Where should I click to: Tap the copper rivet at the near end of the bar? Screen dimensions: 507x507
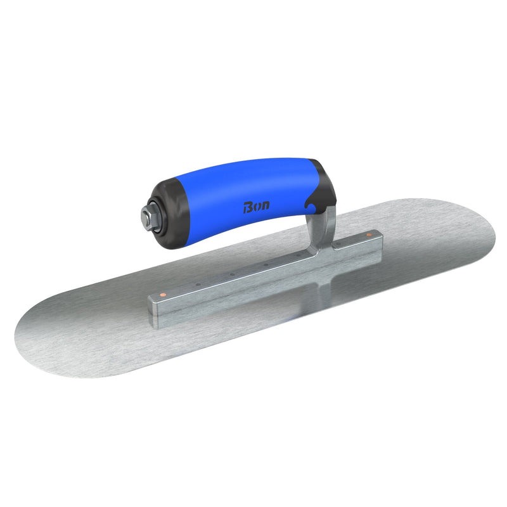point(164,295)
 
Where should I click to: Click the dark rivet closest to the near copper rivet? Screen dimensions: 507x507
point(198,285)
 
